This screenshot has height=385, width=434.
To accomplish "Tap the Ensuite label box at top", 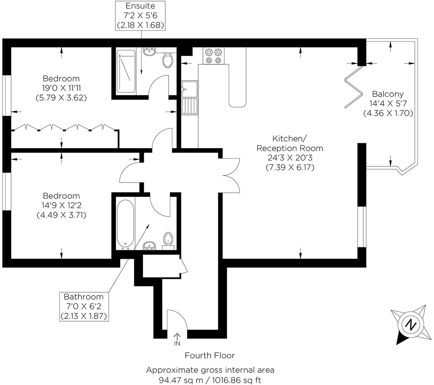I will tap(140, 16).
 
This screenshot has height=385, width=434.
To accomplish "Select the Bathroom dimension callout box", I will tap(84, 306).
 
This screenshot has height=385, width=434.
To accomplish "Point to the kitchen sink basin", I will tap(189, 89).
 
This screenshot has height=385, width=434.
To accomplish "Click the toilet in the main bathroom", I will tap(168, 239).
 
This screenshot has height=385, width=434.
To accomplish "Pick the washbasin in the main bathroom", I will tap(149, 245).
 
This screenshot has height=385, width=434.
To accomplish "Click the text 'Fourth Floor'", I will tap(210, 355).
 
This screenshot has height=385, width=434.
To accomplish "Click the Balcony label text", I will tap(387, 94).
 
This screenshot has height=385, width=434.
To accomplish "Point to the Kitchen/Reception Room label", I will tap(290, 144).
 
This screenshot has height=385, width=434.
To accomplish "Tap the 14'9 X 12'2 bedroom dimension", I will tap(61, 205).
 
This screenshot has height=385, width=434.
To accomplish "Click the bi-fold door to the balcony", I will tap(353, 87).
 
